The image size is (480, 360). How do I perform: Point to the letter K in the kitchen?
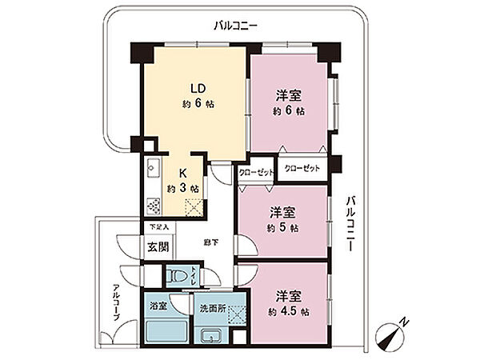pyautogui.click(x=182, y=174)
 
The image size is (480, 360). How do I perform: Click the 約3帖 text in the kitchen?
pyautogui.click(x=182, y=189)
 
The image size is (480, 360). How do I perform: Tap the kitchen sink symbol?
pyautogui.click(x=154, y=170)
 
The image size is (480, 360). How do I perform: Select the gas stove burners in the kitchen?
pyautogui.click(x=154, y=204)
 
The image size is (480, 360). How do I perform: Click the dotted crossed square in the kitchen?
pyautogui.click(x=195, y=207)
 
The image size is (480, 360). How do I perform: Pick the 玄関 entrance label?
pyautogui.click(x=157, y=246)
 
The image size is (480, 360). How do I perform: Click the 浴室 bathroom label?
pyautogui.click(x=158, y=306)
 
